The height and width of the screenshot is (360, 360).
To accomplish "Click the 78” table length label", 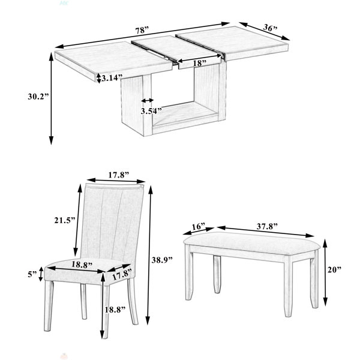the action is click(142, 31).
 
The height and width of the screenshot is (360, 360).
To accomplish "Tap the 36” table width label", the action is click(270, 28).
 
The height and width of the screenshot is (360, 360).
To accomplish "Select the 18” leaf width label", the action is click(199, 63).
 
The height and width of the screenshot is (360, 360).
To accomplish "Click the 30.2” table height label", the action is click(38, 97).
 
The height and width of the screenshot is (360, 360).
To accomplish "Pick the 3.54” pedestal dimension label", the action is click(151, 111).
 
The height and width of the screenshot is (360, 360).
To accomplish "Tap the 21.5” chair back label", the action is click(65, 220).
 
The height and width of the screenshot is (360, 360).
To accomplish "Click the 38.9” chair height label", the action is click(162, 260).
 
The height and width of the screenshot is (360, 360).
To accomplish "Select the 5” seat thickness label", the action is click(32, 274).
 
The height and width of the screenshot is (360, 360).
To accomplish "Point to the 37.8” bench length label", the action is click(267, 227).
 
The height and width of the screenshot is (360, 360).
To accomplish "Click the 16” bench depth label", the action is click(199, 227).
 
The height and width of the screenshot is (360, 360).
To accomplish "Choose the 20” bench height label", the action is click(335, 269).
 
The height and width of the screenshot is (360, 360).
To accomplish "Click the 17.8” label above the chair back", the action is click(119, 175).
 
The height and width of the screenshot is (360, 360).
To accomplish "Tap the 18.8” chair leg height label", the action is click(115, 310).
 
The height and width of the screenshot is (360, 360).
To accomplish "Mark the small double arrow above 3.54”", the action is click(148, 101).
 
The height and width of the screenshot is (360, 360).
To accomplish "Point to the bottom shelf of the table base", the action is click(185, 114).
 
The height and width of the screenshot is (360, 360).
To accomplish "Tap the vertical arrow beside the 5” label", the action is click(41, 274).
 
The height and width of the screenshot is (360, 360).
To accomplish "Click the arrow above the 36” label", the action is click(264, 31).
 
